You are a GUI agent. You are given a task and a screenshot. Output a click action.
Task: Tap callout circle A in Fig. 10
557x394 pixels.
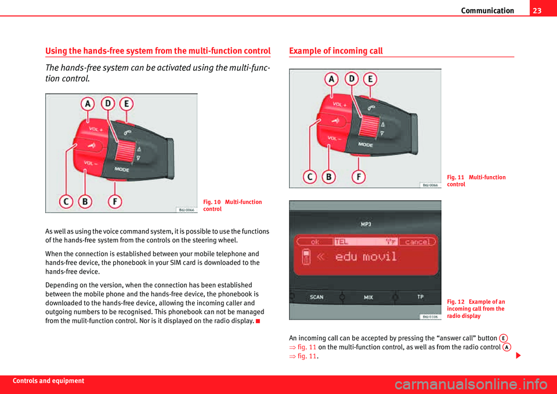click(88, 103)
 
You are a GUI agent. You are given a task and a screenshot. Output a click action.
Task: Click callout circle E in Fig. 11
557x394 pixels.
click(370, 78)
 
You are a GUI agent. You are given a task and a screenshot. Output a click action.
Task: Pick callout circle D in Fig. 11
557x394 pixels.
click(351, 78)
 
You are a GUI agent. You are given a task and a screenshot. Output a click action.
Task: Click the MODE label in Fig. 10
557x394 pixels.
click(122, 170)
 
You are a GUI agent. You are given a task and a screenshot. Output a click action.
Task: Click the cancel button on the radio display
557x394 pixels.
click(418, 241)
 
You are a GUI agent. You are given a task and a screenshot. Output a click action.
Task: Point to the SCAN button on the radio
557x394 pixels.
click(316, 297)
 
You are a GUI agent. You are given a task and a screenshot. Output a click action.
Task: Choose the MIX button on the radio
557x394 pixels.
click(368, 297)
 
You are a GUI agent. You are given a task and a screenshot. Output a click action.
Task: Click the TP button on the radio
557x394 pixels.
click(420, 297)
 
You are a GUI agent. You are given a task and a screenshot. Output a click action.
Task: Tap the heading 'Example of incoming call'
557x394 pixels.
click(336, 51)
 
